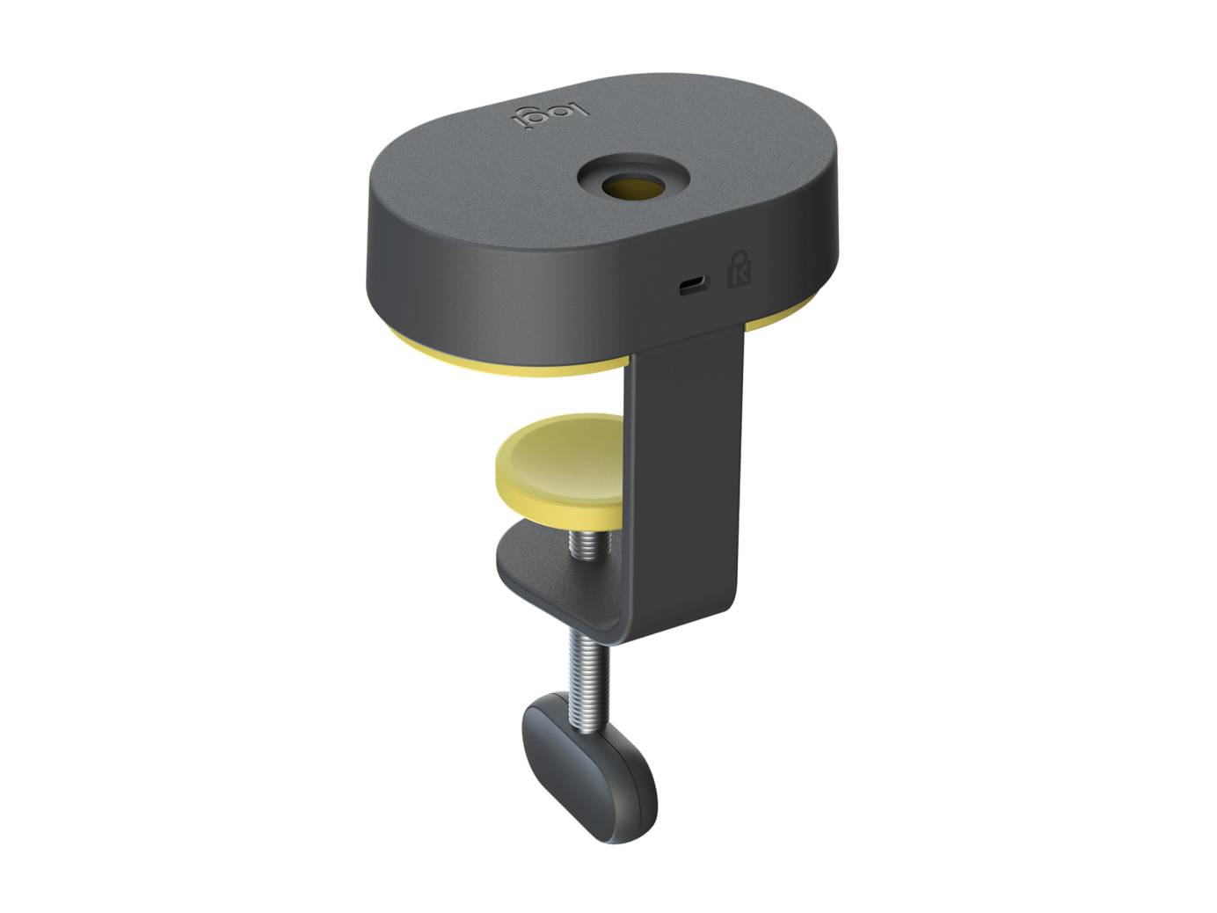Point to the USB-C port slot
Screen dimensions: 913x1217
click(691, 284)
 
